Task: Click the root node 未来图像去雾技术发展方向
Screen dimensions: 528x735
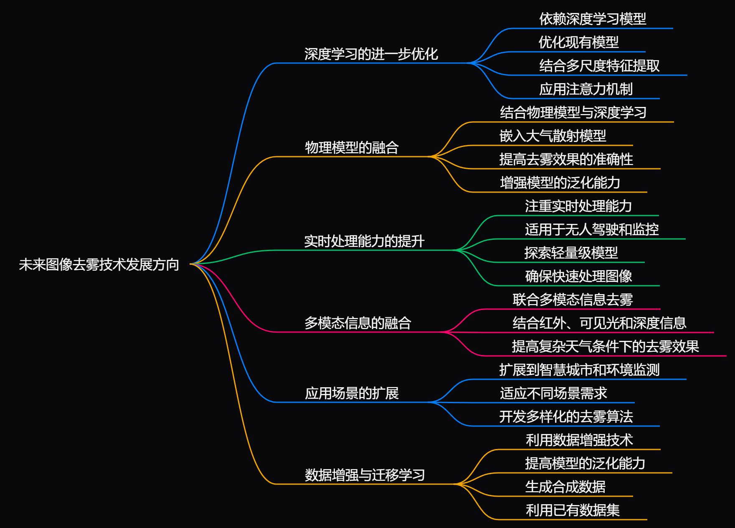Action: (99, 264)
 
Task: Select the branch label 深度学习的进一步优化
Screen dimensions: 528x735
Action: (371, 54)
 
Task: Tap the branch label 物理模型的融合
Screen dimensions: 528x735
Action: (352, 147)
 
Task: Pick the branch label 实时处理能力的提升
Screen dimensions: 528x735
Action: (364, 241)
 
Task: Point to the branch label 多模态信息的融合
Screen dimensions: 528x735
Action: (357, 323)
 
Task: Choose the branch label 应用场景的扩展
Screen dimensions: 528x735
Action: (352, 393)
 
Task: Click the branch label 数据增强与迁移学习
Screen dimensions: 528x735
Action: (365, 475)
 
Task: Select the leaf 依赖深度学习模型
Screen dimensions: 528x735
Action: (592, 19)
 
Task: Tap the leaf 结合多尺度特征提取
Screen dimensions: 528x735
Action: (599, 66)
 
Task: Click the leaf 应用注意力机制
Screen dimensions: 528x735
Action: (585, 89)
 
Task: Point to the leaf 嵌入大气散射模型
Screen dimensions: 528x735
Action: (553, 136)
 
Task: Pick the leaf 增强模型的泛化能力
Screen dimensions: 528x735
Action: (560, 183)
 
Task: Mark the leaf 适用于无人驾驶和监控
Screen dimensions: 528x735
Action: (592, 229)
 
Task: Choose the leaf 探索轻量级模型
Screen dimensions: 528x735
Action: (571, 253)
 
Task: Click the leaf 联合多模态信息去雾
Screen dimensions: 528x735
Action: (573, 300)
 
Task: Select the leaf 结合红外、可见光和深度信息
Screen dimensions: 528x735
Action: (599, 323)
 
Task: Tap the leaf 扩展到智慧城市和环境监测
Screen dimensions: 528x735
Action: (579, 370)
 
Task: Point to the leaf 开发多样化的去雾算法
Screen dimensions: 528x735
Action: (566, 416)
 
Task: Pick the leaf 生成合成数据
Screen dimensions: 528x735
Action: (565, 487)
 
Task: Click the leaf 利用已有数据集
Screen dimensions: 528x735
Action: (572, 510)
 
